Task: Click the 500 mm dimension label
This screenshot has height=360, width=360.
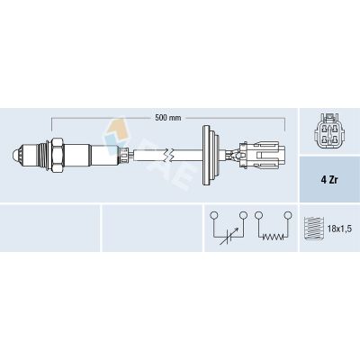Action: tap(168, 118)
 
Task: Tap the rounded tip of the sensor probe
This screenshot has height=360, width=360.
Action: tap(16, 156)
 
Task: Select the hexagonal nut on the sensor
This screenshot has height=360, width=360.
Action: tap(57, 156)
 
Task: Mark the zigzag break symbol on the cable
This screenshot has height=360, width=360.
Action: tap(169, 156)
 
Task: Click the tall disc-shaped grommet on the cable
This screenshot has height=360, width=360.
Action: tap(211, 156)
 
